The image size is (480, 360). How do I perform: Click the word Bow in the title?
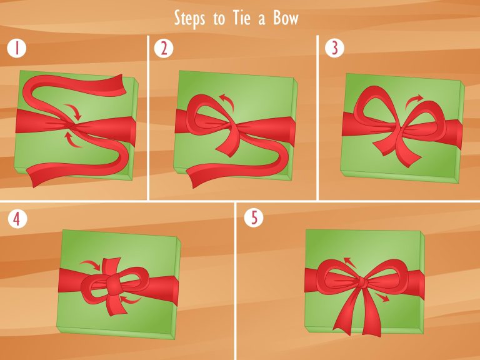pos(286,18)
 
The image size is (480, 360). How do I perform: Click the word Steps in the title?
pos(189,19)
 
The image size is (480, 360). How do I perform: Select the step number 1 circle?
pos(17,48)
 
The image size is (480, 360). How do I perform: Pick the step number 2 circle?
pos(164,48)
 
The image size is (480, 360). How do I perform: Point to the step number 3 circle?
pos(334,48)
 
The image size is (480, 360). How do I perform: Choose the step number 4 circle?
pos(17,219)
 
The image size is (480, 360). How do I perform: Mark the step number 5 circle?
pos(254,217)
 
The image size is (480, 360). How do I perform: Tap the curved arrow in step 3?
pos(412,101)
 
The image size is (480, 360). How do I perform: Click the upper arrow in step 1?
pos(75,109)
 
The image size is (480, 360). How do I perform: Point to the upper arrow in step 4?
pos(92,264)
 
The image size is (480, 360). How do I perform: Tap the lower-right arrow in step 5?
pos(382,297)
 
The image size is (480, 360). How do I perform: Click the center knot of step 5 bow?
pos(362,282)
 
